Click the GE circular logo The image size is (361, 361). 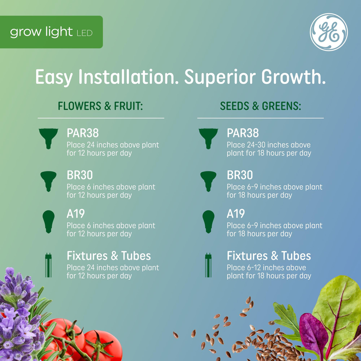(329, 32)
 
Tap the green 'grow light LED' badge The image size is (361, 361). (51, 32)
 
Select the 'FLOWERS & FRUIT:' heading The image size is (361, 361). (100, 106)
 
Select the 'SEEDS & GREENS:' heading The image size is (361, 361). (260, 106)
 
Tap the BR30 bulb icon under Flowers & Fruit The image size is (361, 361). (49, 181)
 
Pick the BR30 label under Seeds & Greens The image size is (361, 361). (240, 175)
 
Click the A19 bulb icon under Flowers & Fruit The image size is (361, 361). (49, 221)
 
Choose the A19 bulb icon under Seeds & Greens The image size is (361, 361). (208, 221)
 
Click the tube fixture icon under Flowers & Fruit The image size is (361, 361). (49, 265)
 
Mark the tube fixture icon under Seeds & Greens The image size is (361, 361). (208, 265)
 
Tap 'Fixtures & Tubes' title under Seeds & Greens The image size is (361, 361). (269, 256)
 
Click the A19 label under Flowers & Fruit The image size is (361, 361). (76, 214)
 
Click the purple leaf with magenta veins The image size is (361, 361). (313, 333)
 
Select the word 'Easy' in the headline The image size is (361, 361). (54, 77)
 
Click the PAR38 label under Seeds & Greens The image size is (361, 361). (243, 133)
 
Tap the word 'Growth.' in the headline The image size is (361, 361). (293, 77)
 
